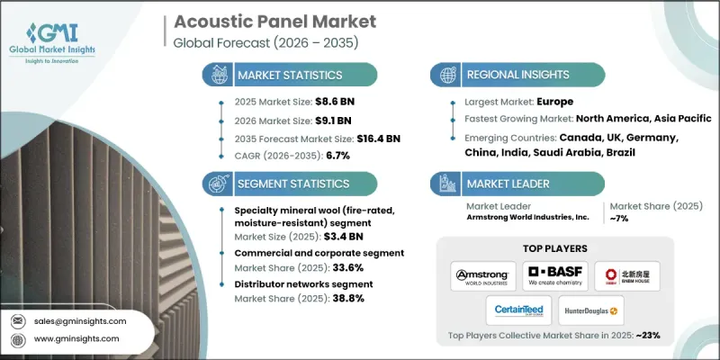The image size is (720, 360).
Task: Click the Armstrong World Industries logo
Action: (x=484, y=274)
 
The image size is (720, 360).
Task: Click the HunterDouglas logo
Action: (x=589, y=311)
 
